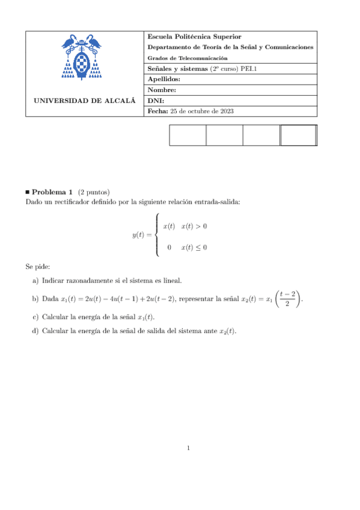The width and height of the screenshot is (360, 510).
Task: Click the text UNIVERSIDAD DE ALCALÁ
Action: tap(84, 101)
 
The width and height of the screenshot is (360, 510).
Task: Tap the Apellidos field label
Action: tap(163, 80)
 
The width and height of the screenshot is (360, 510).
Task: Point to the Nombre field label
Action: tap(161, 91)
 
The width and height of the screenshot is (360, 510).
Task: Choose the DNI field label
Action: tap(156, 101)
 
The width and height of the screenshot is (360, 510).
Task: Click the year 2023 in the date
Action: tap(226, 111)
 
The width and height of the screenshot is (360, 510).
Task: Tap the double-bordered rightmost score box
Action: tap(298, 135)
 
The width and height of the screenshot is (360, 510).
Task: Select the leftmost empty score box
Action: tap(188, 135)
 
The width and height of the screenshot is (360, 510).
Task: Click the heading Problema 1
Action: tap(52, 191)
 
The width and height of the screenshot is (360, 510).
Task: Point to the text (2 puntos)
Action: tap(94, 191)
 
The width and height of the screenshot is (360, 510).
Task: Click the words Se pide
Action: tap(37, 266)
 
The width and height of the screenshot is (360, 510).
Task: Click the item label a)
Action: tap(35, 280)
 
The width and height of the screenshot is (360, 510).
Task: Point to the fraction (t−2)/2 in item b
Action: tap(287, 298)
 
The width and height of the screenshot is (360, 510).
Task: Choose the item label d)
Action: tap(35, 331)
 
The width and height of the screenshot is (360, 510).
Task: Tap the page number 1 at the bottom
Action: tap(188, 447)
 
